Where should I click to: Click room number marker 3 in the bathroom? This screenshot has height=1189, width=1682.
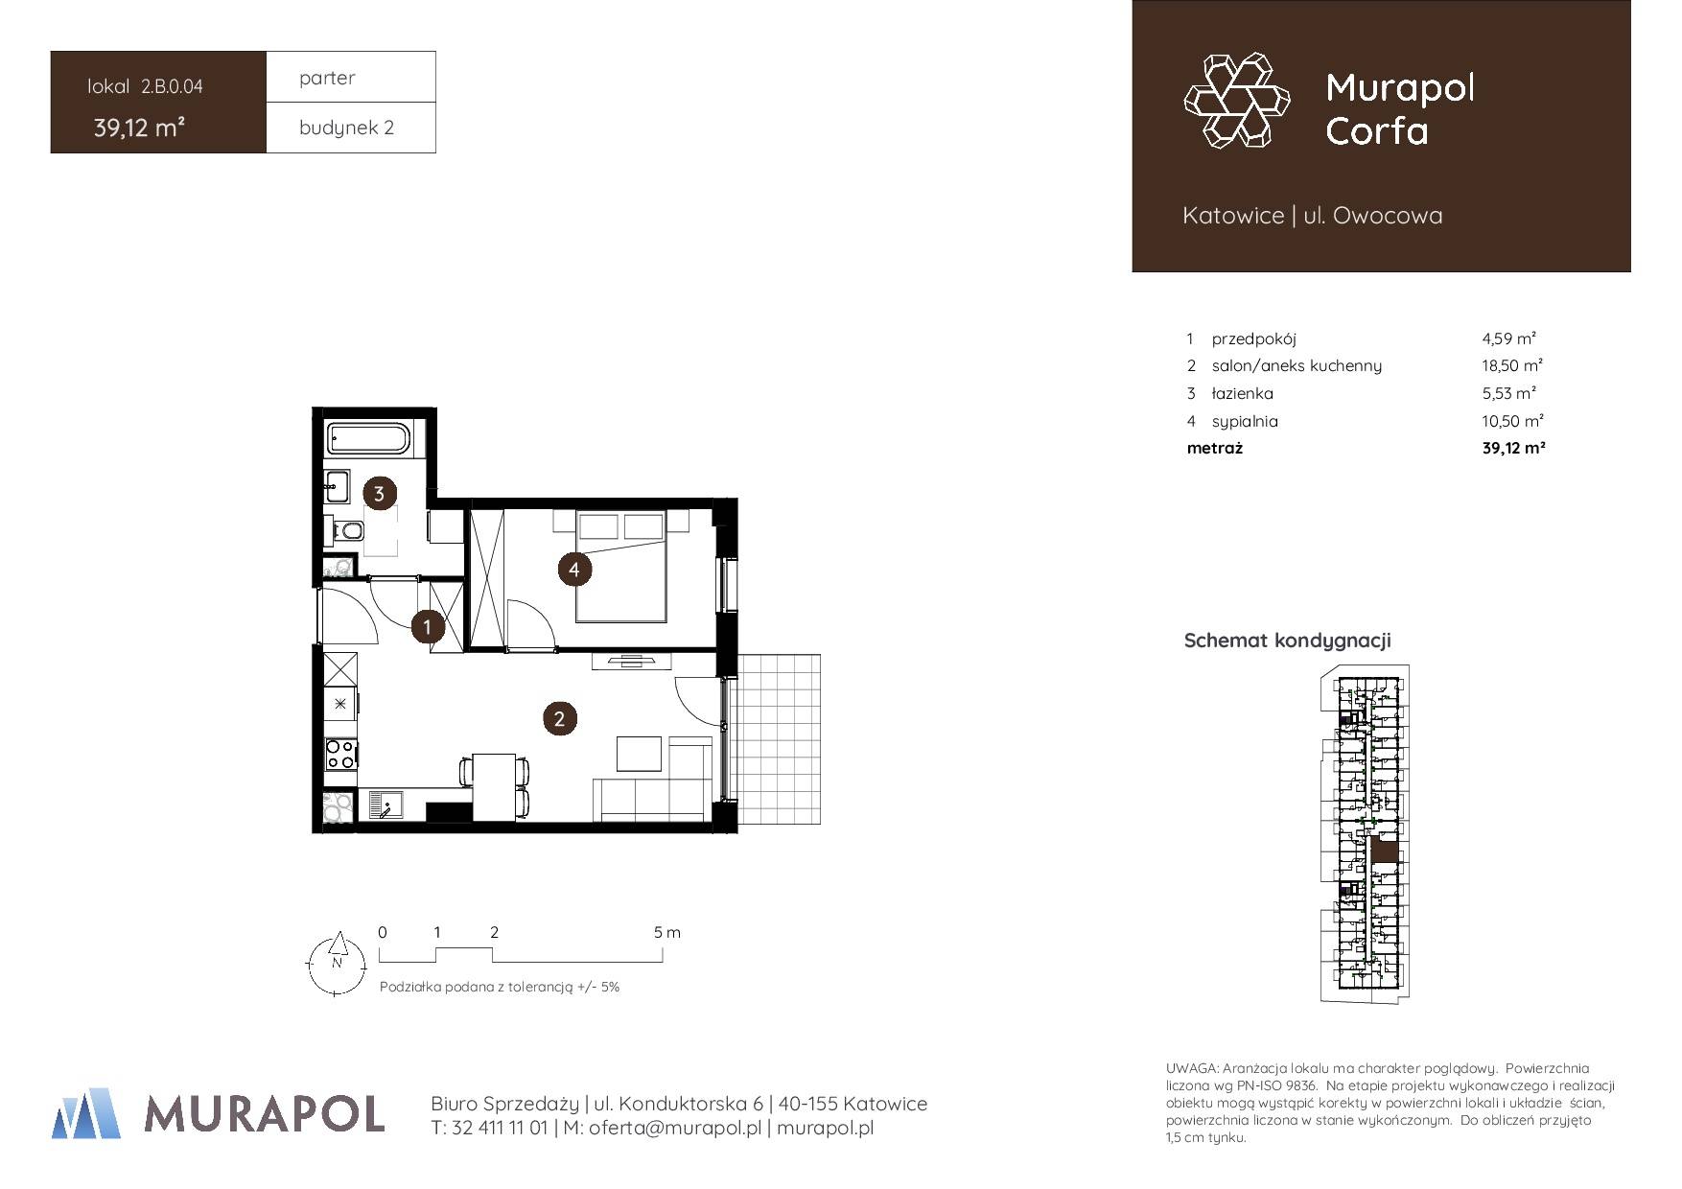coord(379,494)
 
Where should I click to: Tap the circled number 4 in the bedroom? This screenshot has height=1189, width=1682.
coord(574,570)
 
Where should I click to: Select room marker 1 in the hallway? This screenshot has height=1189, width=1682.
coord(427,627)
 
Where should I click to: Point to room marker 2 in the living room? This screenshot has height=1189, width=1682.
coord(559,718)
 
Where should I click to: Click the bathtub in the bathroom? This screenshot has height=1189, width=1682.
coord(369,438)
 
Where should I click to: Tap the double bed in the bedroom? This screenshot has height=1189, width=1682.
coord(620,566)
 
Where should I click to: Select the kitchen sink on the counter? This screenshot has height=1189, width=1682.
coord(387,804)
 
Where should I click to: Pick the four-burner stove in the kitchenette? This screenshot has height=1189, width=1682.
coord(340,754)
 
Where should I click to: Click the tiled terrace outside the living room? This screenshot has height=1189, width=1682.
coord(780,738)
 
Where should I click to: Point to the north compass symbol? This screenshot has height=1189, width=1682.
coord(337,965)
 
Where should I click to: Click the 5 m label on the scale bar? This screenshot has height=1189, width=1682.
coord(667,932)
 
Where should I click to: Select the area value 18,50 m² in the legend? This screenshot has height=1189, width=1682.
coord(1512,365)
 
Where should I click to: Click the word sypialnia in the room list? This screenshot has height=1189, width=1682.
coord(1245,421)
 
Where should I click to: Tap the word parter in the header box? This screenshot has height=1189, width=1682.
coord(327,78)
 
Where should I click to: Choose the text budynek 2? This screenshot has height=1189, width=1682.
coord(346,128)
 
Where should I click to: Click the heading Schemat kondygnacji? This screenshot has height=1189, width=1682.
coord(1288,641)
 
